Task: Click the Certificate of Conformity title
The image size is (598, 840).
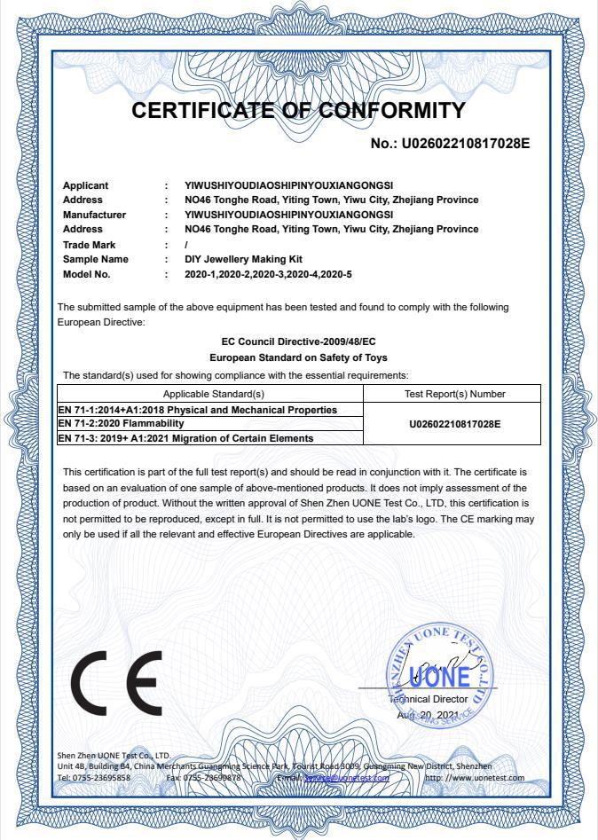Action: [x=298, y=111]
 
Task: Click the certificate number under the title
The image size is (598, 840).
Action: [x=450, y=143]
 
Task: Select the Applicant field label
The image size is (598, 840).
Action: [x=86, y=185]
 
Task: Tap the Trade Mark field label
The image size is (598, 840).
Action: [x=90, y=245]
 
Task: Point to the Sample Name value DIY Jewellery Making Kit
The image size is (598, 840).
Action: [x=243, y=259]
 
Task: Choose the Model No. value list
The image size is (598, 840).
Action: [x=268, y=274]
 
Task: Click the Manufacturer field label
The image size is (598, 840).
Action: [x=95, y=215]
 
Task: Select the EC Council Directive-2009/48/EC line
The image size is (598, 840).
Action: [x=298, y=341]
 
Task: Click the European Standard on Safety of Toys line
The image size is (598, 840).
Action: [x=298, y=357]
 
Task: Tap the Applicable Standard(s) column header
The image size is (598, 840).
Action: [x=214, y=394]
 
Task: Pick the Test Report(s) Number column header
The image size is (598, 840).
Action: [x=454, y=394]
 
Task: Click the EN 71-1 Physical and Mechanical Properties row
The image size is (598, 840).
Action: [x=198, y=410]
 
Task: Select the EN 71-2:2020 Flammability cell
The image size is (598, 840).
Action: [x=114, y=424]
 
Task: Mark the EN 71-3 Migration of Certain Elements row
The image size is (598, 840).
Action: [x=185, y=438]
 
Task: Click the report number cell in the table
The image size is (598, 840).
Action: [x=454, y=424]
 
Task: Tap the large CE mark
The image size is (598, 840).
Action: [x=116, y=684]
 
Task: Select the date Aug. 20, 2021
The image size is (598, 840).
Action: [x=429, y=715]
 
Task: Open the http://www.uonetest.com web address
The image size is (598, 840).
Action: [x=475, y=778]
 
